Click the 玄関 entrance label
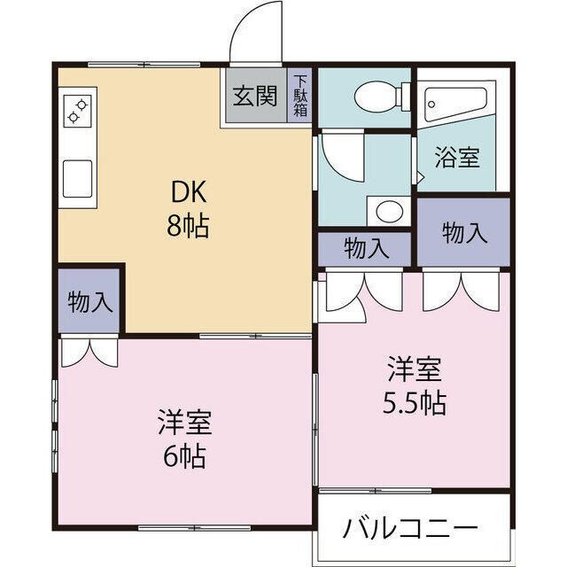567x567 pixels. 255,96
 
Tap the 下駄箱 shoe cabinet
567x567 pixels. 299,96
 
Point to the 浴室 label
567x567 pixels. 456,159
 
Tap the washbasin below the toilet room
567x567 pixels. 387,211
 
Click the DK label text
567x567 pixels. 186,192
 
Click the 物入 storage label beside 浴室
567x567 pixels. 464,233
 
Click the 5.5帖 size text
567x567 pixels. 414,403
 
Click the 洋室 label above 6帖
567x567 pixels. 184,421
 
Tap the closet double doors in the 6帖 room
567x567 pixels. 89,350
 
